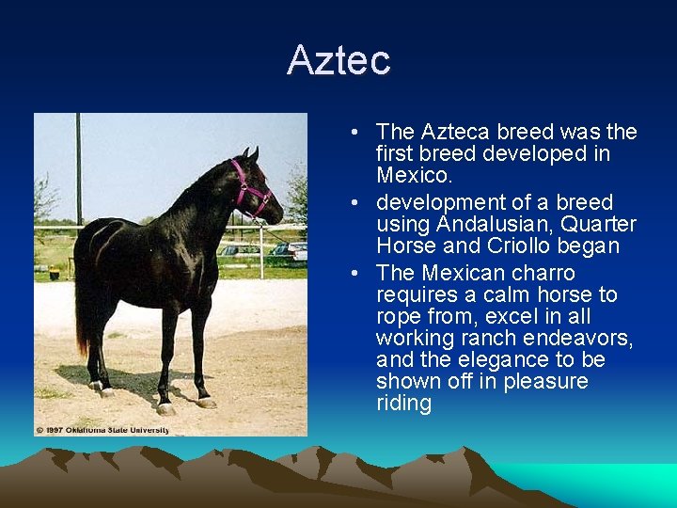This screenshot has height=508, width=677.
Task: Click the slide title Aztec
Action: point(338,60)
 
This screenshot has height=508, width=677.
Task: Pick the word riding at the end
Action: point(403,404)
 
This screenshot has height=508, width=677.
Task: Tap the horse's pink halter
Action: point(250,189)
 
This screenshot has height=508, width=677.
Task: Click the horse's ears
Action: point(250,153)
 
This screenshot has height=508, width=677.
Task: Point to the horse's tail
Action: point(82,310)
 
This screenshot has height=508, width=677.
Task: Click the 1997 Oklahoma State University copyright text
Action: point(102,430)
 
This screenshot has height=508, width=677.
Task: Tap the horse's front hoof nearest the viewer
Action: point(166,408)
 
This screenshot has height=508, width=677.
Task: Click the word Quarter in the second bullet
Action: point(602,224)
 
